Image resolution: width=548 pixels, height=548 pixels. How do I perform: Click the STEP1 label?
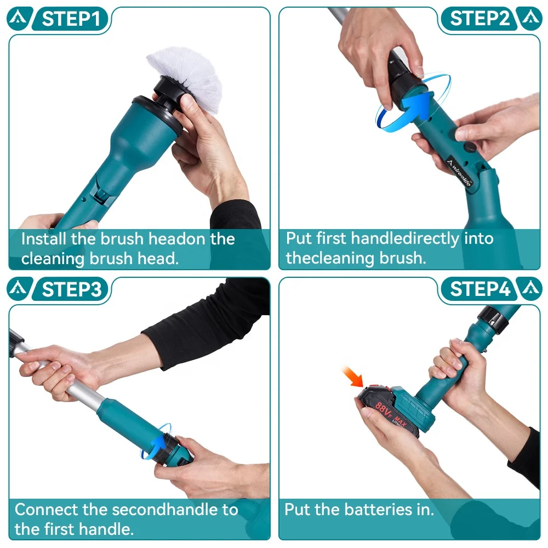tap(72, 19)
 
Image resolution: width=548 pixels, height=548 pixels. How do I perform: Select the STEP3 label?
tap(72, 289)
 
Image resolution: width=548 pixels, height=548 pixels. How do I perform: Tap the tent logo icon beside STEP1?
tap(18, 19)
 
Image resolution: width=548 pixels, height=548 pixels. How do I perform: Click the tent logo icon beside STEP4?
tap(530, 289)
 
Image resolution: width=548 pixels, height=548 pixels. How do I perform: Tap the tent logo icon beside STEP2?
tap(530, 19)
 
